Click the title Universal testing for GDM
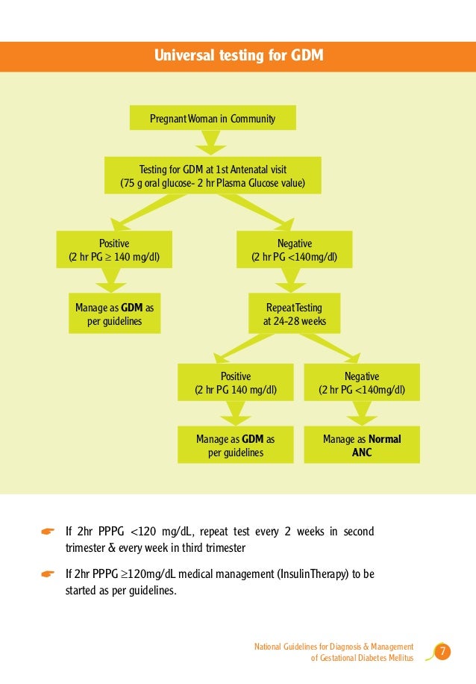tap(238, 55)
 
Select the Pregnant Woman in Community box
tap(213, 118)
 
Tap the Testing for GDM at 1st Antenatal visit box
tap(213, 175)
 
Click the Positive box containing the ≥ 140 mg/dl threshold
tap(114, 250)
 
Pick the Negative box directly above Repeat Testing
tap(295, 250)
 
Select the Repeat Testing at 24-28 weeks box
tap(295, 314)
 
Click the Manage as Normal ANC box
tap(362, 445)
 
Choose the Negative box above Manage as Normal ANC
tap(362, 382)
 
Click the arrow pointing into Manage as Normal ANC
tap(362, 413)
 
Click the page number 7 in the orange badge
tap(442, 653)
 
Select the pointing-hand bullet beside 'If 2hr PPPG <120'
tap(47, 532)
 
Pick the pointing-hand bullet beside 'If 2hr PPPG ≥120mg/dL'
tap(47, 574)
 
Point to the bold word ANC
tap(362, 453)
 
